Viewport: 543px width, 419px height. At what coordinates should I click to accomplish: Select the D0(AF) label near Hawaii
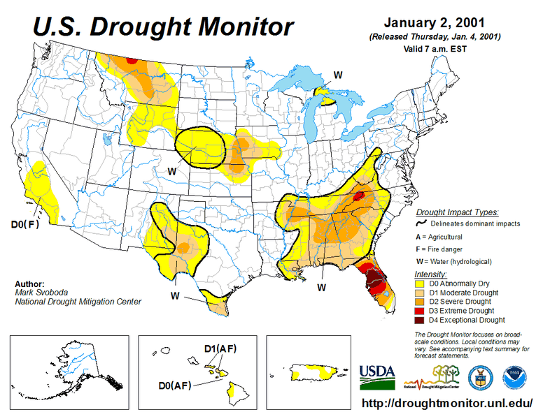[173, 385]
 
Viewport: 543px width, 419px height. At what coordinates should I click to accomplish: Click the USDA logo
[377, 376]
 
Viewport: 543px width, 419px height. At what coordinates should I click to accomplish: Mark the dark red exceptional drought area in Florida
[376, 286]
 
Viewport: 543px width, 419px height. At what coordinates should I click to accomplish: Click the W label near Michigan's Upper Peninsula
[337, 75]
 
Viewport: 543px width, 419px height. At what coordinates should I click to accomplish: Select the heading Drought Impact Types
[457, 212]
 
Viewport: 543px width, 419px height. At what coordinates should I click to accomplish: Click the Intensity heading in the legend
[431, 273]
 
